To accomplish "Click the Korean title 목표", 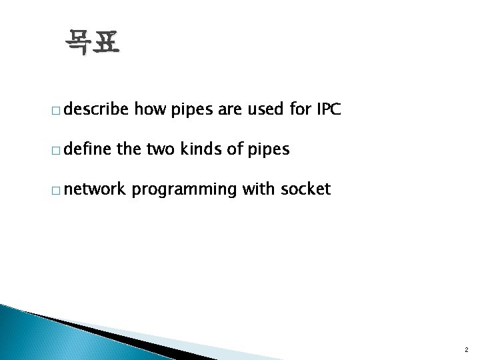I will click(93, 43).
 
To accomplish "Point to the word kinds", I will click(202, 149).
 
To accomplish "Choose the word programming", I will click(184, 190).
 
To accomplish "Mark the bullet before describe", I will click(59, 111).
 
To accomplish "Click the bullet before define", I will click(59, 151).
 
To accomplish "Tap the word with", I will click(257, 189).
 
